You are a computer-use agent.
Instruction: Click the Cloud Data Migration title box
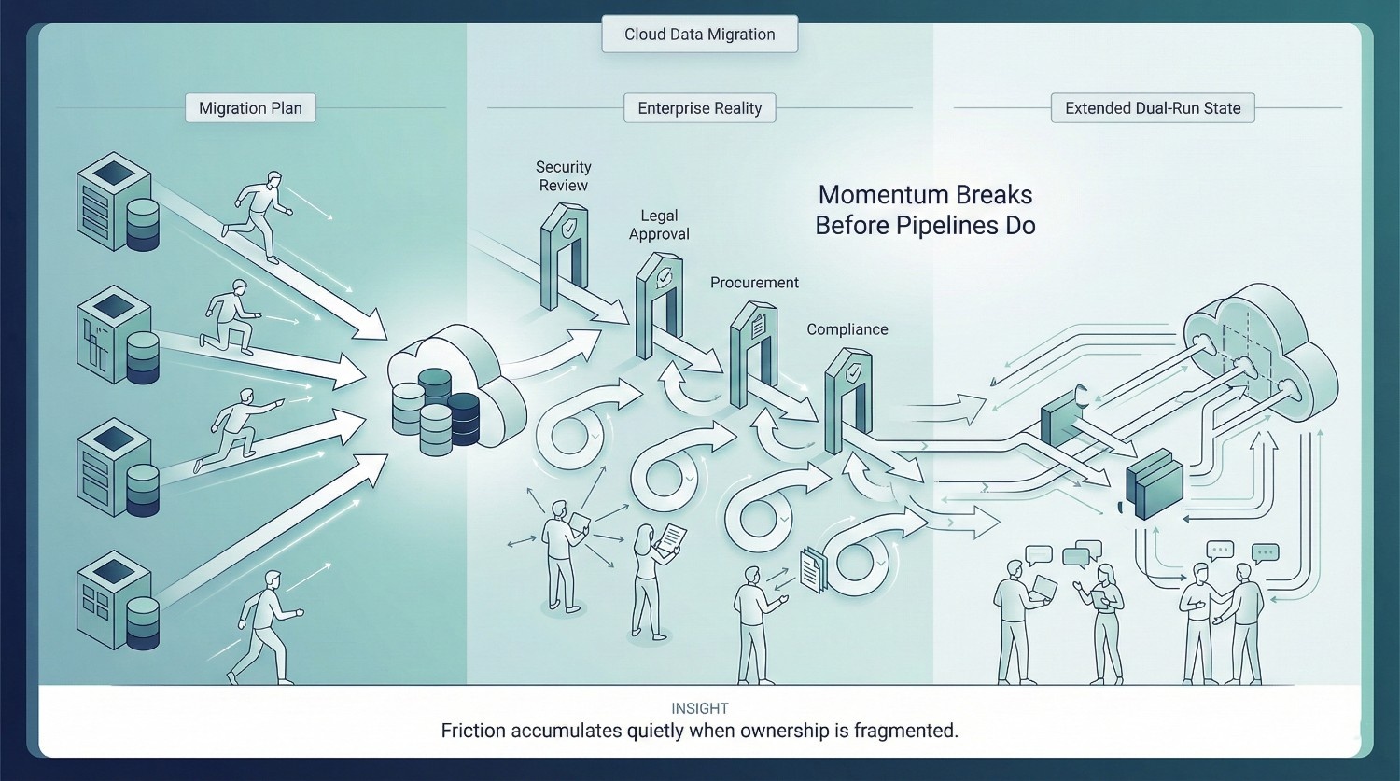[699, 35]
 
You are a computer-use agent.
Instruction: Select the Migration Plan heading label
[250, 108]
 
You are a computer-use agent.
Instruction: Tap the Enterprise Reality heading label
[699, 108]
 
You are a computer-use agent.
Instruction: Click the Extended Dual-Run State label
[1153, 108]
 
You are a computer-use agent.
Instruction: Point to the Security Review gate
[564, 257]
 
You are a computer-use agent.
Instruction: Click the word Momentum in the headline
[878, 195]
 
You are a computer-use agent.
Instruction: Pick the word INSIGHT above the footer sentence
[699, 709]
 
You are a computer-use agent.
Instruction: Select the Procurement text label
[754, 283]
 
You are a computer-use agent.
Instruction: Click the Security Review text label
[563, 176]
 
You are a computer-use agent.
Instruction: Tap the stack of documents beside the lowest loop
[814, 569]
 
